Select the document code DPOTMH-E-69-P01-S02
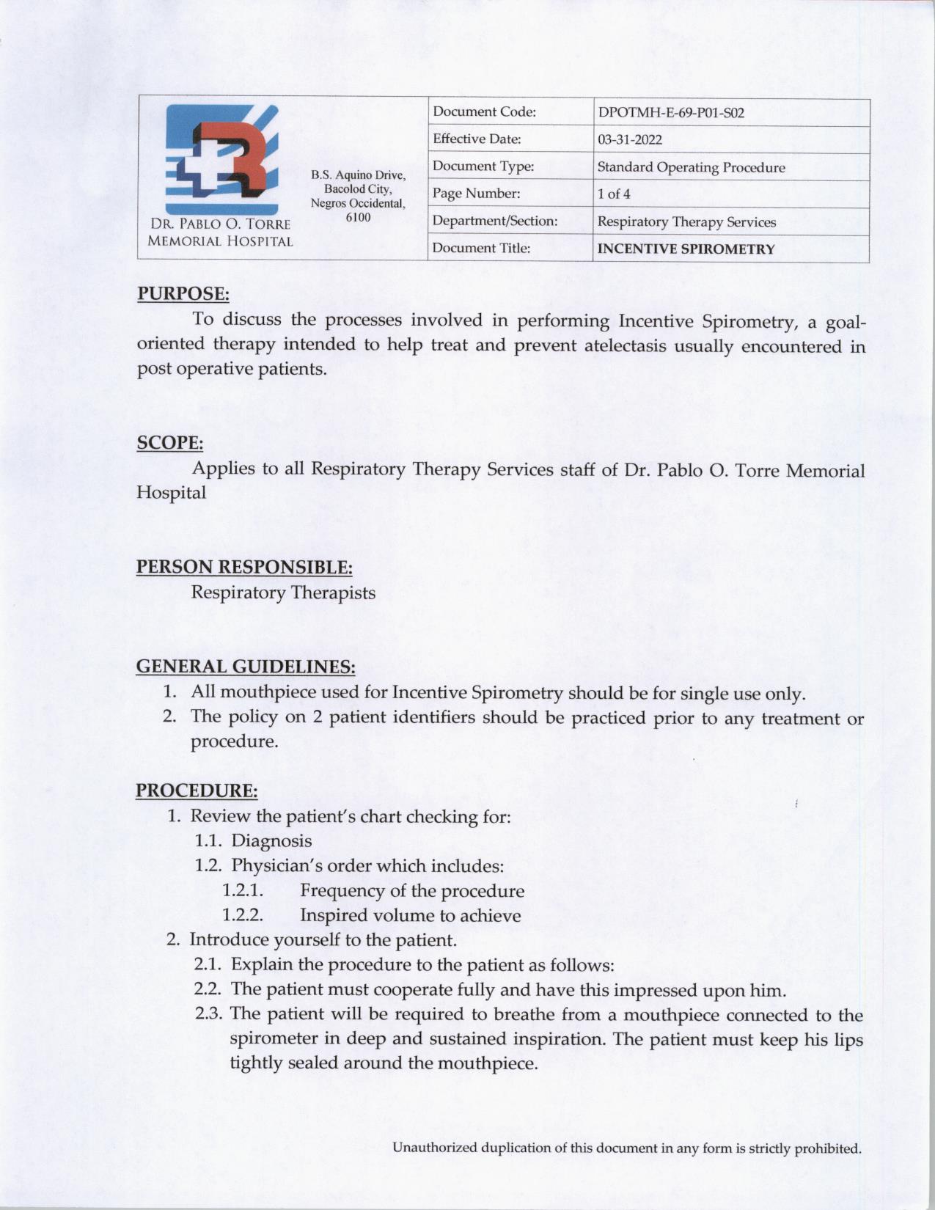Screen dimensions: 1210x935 tap(671, 113)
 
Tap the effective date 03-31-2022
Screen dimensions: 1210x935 tap(630, 140)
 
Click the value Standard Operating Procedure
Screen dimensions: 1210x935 tap(691, 167)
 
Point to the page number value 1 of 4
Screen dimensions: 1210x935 tap(614, 194)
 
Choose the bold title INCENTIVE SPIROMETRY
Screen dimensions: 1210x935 tap(686, 249)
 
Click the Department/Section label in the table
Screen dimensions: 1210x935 tap(495, 221)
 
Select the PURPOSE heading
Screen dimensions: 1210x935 tap(183, 293)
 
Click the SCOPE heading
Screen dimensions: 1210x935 tap(170, 443)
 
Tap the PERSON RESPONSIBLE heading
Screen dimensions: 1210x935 tap(244, 567)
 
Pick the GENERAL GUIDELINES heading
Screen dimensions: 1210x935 tap(246, 667)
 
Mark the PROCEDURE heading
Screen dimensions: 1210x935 tap(197, 791)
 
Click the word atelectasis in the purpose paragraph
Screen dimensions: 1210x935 tap(626, 345)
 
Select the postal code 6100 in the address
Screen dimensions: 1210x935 tap(358, 218)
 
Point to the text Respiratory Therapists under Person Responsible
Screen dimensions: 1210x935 tap(283, 593)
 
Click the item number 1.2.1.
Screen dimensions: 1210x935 tap(243, 891)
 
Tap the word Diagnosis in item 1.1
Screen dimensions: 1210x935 tap(271, 841)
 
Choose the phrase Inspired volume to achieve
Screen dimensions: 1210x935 tap(410, 916)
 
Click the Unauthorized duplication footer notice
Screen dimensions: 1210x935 tap(627, 1148)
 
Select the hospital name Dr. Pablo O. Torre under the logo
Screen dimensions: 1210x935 tap(220, 224)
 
